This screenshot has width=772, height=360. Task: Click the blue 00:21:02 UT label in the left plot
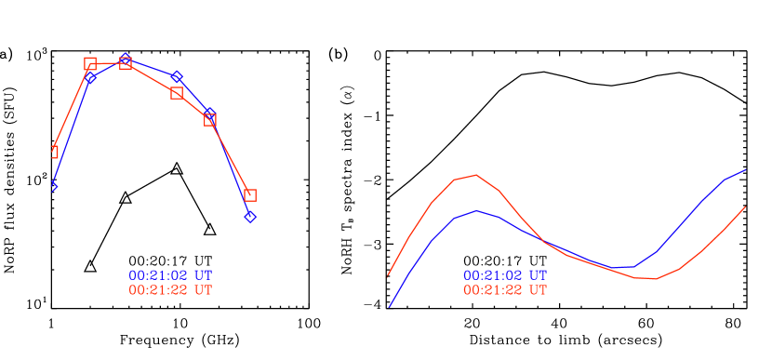click(x=170, y=276)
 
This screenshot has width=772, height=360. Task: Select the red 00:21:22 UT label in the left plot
click(x=170, y=290)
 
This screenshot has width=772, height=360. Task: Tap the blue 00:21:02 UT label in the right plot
click(x=505, y=276)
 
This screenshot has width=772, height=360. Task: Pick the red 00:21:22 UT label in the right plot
click(x=505, y=290)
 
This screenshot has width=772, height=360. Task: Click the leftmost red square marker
click(x=54, y=152)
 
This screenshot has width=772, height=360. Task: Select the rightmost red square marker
click(x=250, y=195)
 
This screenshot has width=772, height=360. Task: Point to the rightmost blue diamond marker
click(x=250, y=217)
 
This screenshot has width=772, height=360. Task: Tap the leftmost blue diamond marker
click(x=54, y=186)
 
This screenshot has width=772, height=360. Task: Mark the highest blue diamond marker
click(x=125, y=59)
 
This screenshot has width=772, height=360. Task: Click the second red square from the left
click(x=90, y=64)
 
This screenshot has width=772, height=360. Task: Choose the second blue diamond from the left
click(x=90, y=77)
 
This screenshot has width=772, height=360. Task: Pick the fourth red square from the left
click(x=177, y=93)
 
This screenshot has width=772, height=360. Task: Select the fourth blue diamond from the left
click(x=177, y=76)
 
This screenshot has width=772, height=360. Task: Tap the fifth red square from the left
click(x=210, y=120)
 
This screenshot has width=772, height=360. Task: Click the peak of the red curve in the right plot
click(x=476, y=175)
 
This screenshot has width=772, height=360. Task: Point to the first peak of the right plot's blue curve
click(x=477, y=210)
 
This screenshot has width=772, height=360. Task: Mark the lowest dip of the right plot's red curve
click(x=655, y=279)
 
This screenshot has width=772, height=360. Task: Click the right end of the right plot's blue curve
click(x=746, y=170)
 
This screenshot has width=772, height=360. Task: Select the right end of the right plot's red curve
click(x=746, y=207)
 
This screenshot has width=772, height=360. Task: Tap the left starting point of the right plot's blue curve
click(x=389, y=307)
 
